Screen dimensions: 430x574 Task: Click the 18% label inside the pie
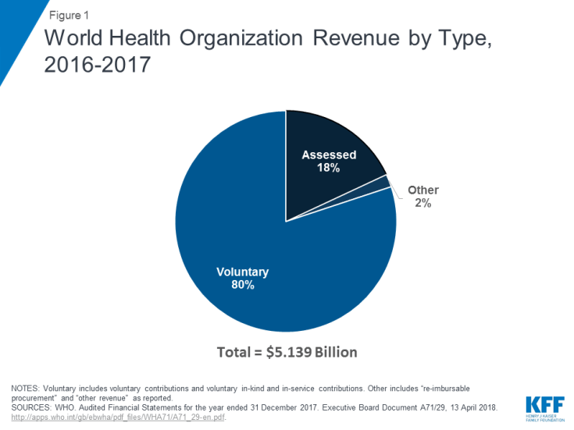(329, 168)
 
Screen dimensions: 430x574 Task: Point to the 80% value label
(242, 285)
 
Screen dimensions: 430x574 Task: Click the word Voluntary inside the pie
(242, 272)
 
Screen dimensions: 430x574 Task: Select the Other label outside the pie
(422, 190)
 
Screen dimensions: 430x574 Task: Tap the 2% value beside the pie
(422, 202)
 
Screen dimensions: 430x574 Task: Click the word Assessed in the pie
(329, 155)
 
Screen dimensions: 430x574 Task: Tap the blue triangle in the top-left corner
(14, 31)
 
